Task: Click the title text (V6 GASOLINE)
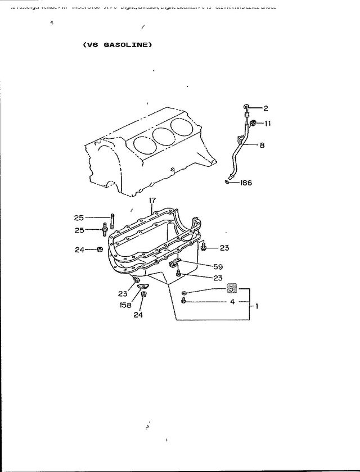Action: (x=118, y=45)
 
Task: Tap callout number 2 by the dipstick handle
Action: (x=265, y=107)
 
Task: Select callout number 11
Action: (x=268, y=122)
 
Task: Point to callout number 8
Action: (x=262, y=145)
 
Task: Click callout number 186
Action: (x=246, y=182)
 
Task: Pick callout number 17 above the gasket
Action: (x=152, y=201)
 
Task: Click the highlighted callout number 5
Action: (x=232, y=288)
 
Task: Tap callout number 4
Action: (x=231, y=301)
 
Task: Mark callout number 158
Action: (x=125, y=305)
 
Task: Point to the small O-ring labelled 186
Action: (x=226, y=181)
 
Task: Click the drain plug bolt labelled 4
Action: (x=184, y=302)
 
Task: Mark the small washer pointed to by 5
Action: (x=185, y=293)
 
